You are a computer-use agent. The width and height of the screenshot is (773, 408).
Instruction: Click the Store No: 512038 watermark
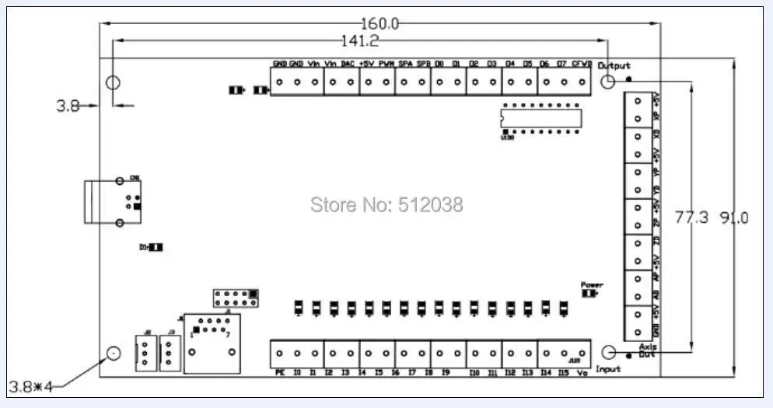tap(386, 205)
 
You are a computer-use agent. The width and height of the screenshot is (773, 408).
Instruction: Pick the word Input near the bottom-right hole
tap(608, 369)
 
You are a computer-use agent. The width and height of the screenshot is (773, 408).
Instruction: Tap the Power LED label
tap(592, 285)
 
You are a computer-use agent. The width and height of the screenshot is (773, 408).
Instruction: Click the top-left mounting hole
tap(113, 82)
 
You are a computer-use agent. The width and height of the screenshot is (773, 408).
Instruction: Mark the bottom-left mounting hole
tap(113, 354)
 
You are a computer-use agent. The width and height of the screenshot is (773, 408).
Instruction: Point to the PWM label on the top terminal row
tap(386, 64)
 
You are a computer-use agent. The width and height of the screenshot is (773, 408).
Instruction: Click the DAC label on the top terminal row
tap(348, 64)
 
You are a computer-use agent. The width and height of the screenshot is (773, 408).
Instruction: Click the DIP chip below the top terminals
tap(539, 118)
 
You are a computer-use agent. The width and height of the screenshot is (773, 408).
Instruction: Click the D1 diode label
tap(144, 247)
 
